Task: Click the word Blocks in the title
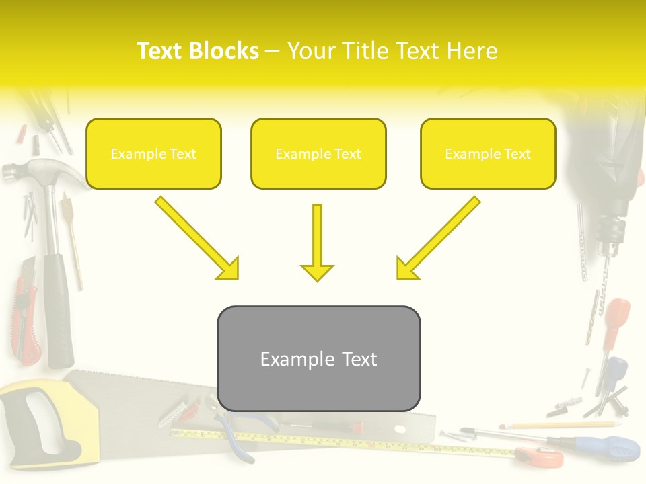click(x=223, y=51)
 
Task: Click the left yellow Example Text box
click(x=153, y=153)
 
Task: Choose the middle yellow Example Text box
click(x=318, y=153)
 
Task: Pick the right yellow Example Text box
click(x=488, y=153)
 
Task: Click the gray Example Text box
click(x=318, y=358)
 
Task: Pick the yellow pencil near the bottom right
click(x=559, y=425)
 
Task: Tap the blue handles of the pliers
click(x=236, y=440)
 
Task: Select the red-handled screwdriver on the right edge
click(x=616, y=316)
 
